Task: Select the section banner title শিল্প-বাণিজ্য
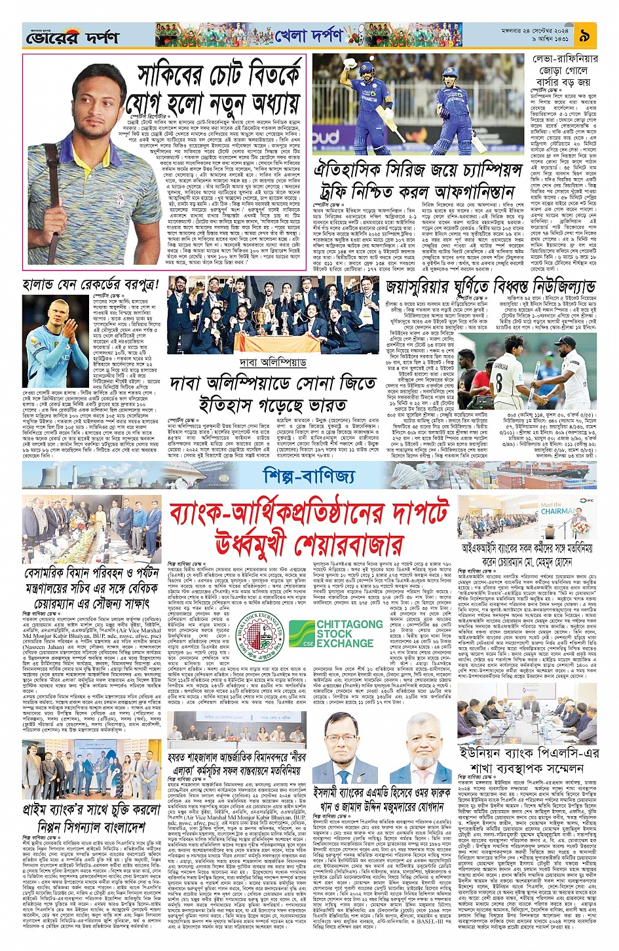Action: pyautogui.click(x=309, y=475)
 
